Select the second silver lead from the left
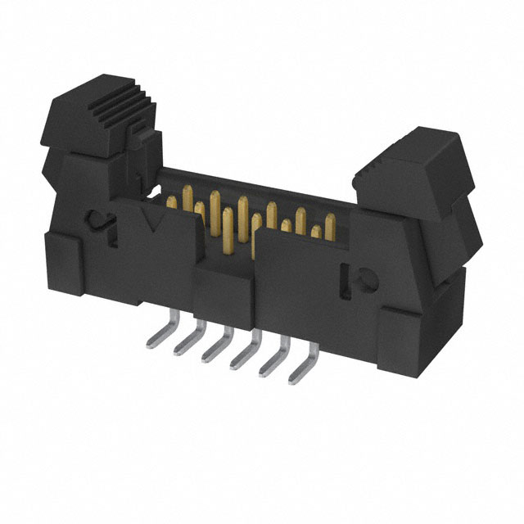point(187,343)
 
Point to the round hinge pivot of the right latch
point(360,279)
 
